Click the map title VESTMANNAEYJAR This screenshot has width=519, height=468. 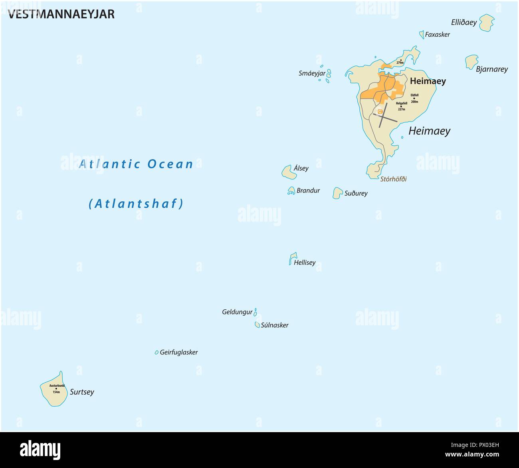click(x=61, y=14)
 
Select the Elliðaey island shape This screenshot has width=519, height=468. click(x=486, y=23)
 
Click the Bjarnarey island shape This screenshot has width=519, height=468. click(x=471, y=62)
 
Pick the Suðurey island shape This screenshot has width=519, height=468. click(x=338, y=193)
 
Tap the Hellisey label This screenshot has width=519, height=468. click(x=305, y=263)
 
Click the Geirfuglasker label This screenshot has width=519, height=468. click(x=179, y=352)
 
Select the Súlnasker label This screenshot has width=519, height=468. click(x=274, y=325)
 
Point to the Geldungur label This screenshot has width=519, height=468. click(x=237, y=312)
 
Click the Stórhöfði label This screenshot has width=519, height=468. click(x=393, y=179)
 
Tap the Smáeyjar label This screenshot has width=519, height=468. click(x=312, y=73)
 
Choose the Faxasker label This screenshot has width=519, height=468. click(x=437, y=35)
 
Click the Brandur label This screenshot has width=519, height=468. click(x=308, y=191)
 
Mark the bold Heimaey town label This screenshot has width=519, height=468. click(x=428, y=81)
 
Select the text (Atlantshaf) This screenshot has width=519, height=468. click(x=136, y=204)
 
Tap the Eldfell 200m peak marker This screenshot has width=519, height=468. click(x=414, y=98)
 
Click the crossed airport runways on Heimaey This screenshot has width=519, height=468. click(x=383, y=117)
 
